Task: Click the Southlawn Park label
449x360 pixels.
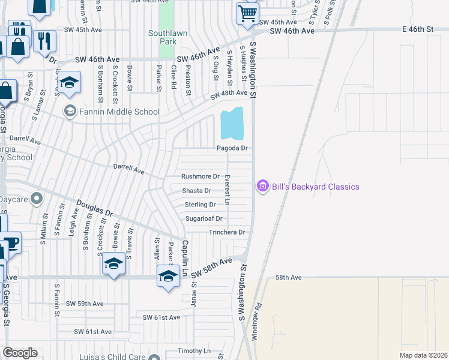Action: pos(163,37)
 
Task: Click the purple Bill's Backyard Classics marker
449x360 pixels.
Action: pos(262,187)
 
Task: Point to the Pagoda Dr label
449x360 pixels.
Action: pos(232,148)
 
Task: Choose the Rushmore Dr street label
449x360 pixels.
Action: pos(200,176)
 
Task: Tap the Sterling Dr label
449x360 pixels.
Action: pos(200,205)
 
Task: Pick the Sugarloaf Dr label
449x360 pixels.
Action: pos(203,219)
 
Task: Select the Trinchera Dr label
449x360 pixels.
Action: pos(227,232)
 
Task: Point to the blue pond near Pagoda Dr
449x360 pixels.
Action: pos(232,124)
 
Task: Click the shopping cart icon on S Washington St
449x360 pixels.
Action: pos(247,13)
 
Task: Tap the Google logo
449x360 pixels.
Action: pos(20,352)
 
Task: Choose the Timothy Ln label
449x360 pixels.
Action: pos(194,350)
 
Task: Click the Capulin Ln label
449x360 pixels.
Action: pos(185,259)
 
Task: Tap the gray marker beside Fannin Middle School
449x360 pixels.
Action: pos(70,111)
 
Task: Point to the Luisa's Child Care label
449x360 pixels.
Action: pos(113,356)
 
